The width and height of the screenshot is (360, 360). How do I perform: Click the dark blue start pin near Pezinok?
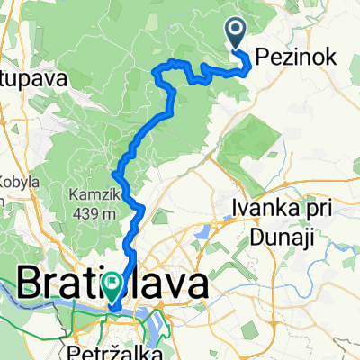[x=237, y=34]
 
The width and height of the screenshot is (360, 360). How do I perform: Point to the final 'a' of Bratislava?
[x=196, y=285]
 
